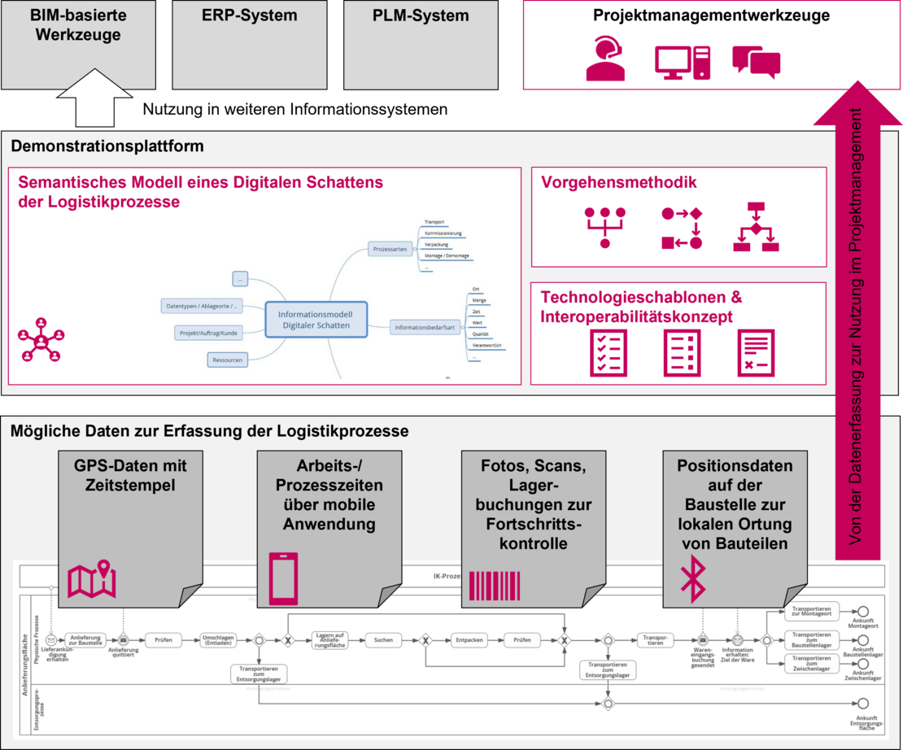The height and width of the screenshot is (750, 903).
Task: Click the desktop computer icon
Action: [683, 62]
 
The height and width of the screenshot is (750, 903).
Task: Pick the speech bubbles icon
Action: [756, 62]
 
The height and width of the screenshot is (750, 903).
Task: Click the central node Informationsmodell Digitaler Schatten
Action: [316, 319]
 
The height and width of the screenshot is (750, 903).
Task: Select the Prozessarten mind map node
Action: [390, 249]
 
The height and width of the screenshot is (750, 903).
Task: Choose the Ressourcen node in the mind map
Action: [227, 360]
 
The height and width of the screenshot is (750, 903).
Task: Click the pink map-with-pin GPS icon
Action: [92, 580]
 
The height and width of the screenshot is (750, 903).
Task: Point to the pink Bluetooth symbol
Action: [692, 577]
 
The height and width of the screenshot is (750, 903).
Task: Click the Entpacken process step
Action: [469, 640]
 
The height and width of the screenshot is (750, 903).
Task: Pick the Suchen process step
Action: [383, 640]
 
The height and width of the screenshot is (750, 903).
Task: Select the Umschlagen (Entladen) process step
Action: [219, 640]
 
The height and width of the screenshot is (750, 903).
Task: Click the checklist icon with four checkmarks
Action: [609, 352]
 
